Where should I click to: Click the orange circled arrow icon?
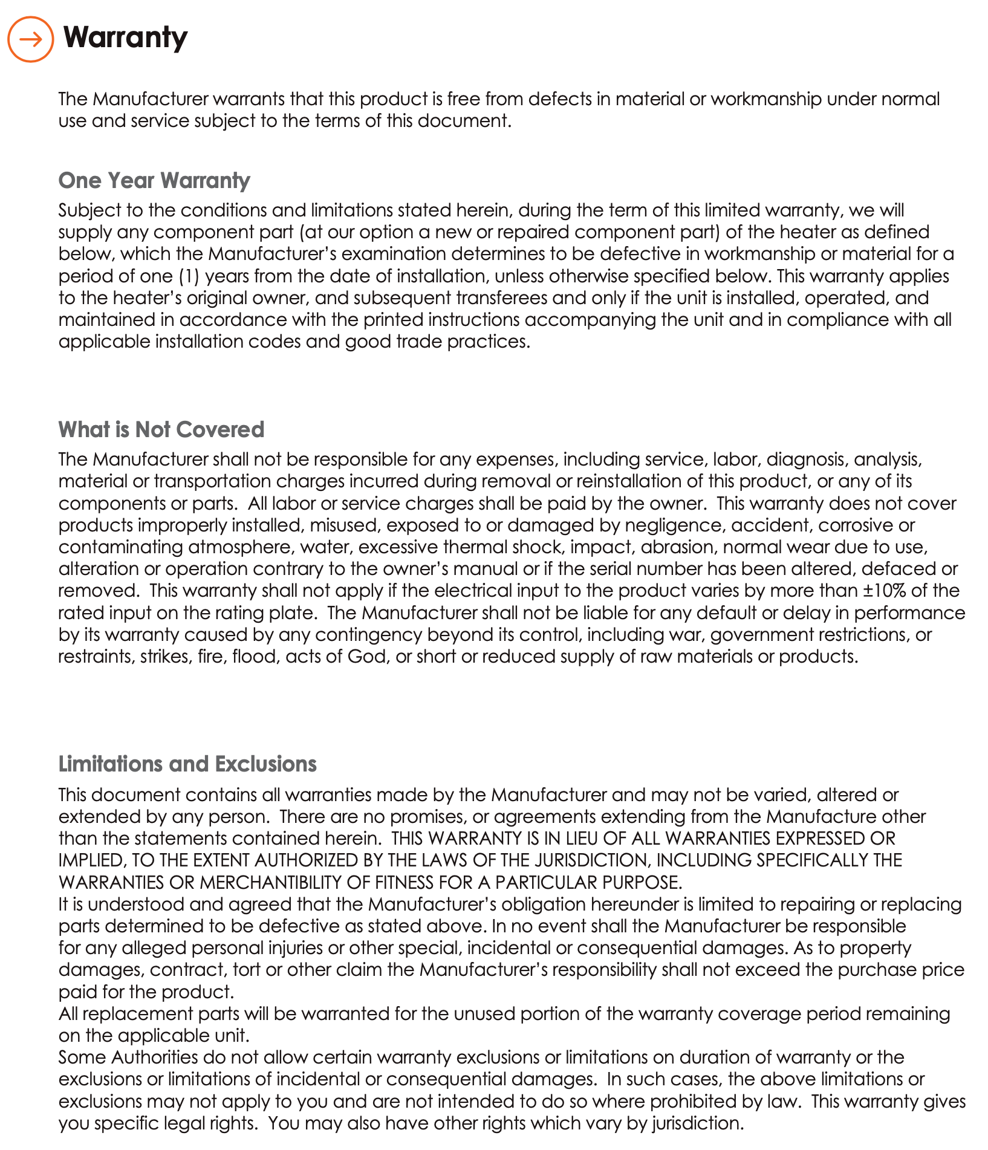point(30,39)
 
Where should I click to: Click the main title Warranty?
point(126,37)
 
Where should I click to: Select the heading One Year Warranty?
point(154,180)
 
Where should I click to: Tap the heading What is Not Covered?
point(161,429)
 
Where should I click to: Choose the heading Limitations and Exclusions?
point(187,764)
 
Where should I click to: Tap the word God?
point(367,656)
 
